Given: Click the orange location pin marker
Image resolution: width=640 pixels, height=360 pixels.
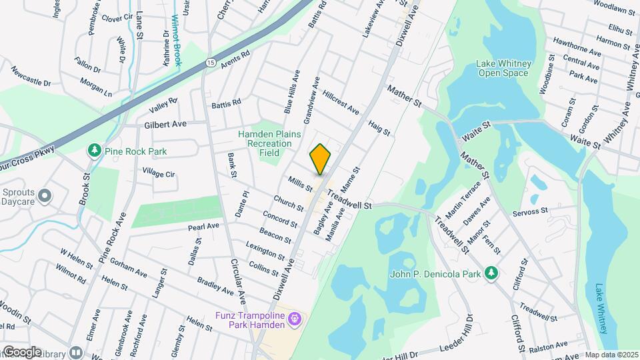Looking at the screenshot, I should [321, 159].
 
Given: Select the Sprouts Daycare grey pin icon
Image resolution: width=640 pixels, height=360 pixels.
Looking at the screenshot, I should [45, 195].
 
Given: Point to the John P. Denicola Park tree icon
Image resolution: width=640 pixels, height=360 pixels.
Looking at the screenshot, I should [491, 272].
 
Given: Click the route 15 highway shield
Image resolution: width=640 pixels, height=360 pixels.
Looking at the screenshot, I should [211, 63].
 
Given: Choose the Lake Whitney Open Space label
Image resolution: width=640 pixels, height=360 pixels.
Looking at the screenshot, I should [503, 68].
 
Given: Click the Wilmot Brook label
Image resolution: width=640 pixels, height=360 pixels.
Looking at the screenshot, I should [177, 40].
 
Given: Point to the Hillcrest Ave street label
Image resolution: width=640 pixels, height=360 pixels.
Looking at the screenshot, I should [341, 101].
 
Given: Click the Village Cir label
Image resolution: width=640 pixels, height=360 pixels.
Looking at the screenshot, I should [158, 173].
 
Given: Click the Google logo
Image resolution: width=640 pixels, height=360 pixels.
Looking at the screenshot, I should [22, 351].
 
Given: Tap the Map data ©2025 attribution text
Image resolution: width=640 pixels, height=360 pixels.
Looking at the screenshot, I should [611, 355].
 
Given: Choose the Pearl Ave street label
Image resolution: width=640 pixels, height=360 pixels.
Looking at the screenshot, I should [203, 227].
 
